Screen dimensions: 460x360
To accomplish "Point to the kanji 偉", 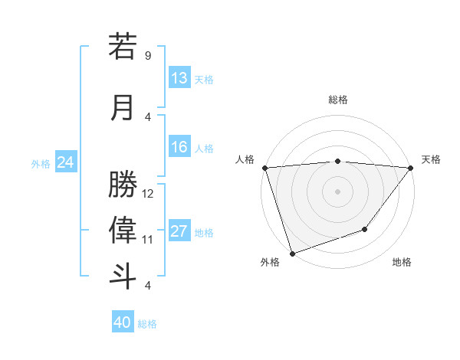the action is click(x=123, y=229).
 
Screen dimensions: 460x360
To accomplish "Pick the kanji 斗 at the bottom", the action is click(x=123, y=275).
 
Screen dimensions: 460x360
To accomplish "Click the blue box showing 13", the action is click(x=179, y=78).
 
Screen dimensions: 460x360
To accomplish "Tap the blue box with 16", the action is click(x=179, y=147).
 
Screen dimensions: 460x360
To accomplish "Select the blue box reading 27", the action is click(x=179, y=231).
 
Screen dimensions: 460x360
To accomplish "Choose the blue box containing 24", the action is click(x=65, y=162).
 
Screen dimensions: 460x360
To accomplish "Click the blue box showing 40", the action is click(x=123, y=322).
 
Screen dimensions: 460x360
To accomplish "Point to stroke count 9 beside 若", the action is click(x=148, y=56).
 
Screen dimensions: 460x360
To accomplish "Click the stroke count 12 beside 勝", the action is click(x=148, y=194).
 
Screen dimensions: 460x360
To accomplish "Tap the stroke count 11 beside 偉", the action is click(x=148, y=240).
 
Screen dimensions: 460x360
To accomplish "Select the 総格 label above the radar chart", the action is click(x=338, y=100).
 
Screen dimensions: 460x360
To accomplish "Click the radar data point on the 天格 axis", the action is click(x=411, y=168).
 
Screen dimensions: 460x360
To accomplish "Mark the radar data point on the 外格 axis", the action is click(x=292, y=253).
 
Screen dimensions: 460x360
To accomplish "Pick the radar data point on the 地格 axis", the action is click(x=365, y=229).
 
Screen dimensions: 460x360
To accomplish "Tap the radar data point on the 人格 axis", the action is click(x=264, y=168).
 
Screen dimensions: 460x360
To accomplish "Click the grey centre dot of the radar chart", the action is click(x=337, y=191).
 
